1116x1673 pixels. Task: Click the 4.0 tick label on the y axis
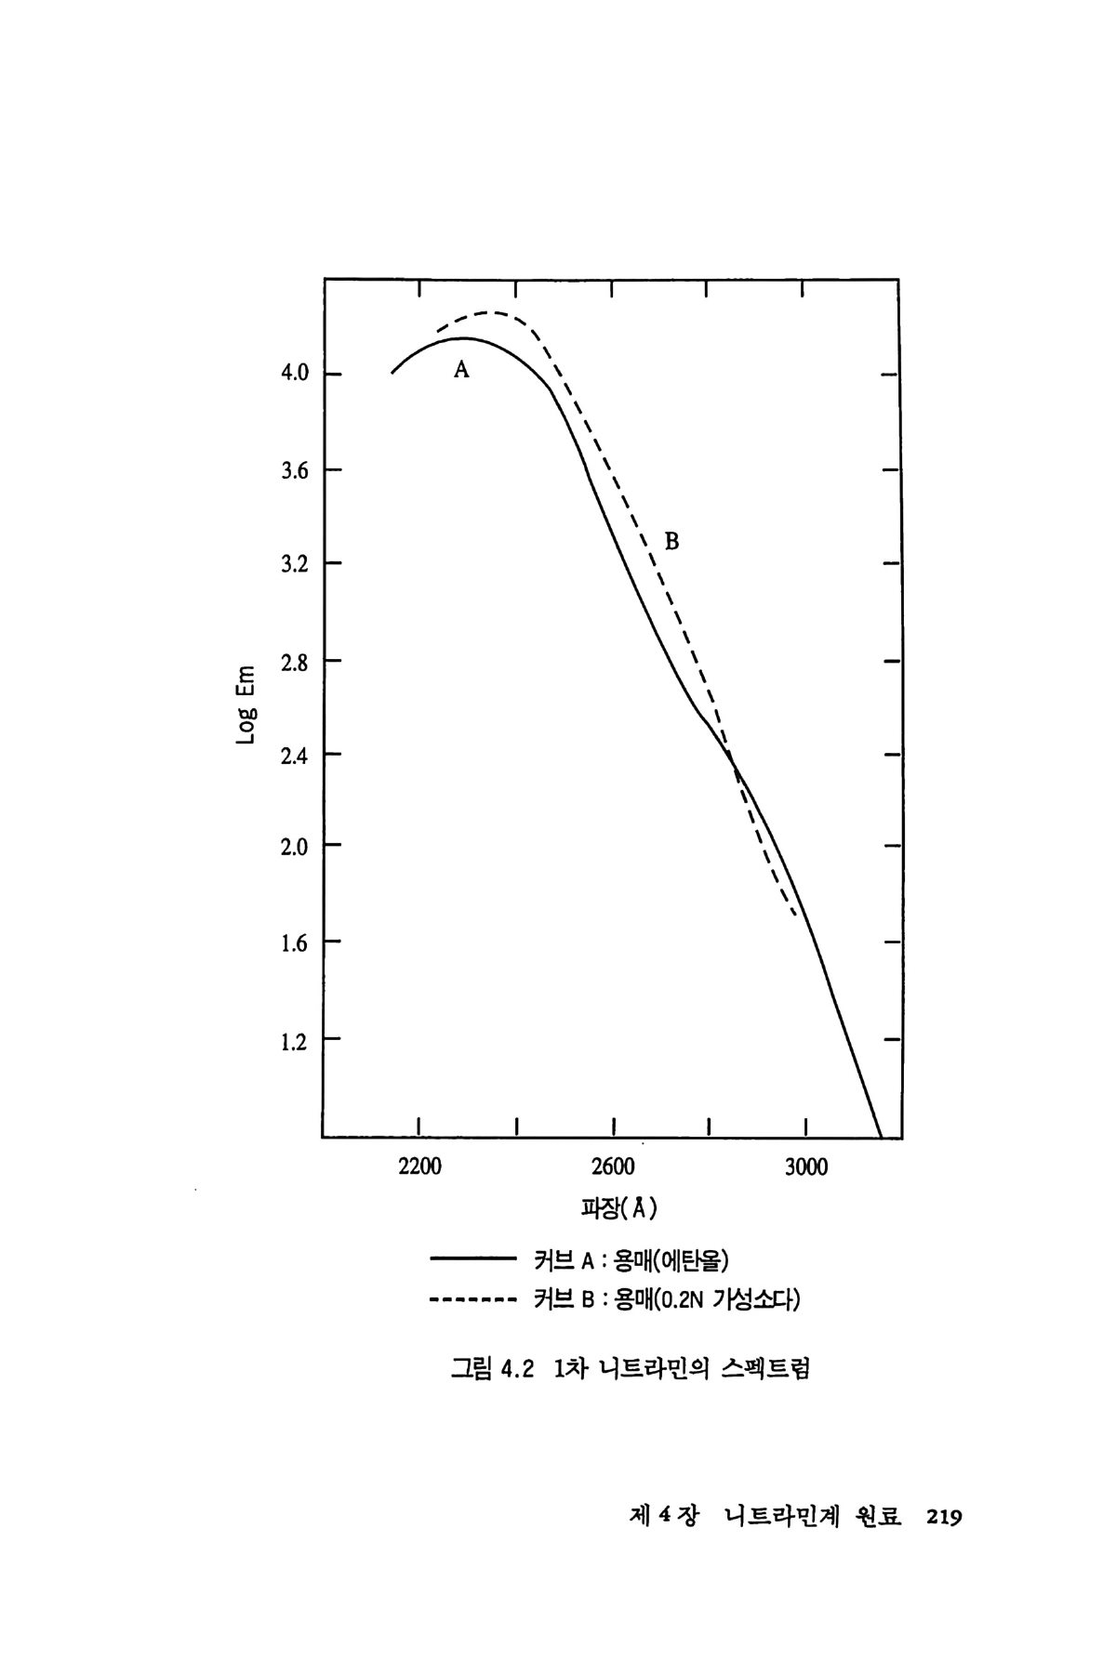295,374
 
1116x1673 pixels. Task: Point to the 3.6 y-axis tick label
295,471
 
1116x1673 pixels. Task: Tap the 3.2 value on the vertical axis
295,564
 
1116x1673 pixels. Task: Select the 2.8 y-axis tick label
295,662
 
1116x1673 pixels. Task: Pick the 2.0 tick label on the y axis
295,846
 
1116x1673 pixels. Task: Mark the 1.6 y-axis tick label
295,943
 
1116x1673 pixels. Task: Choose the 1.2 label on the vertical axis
295,1040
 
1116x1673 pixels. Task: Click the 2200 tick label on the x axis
419,1167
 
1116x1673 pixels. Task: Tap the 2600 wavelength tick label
613,1167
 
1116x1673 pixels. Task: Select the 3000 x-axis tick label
805,1167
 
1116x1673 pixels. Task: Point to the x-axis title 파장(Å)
619,1208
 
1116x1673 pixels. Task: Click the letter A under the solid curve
461,370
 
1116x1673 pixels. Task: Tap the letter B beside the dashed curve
671,541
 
